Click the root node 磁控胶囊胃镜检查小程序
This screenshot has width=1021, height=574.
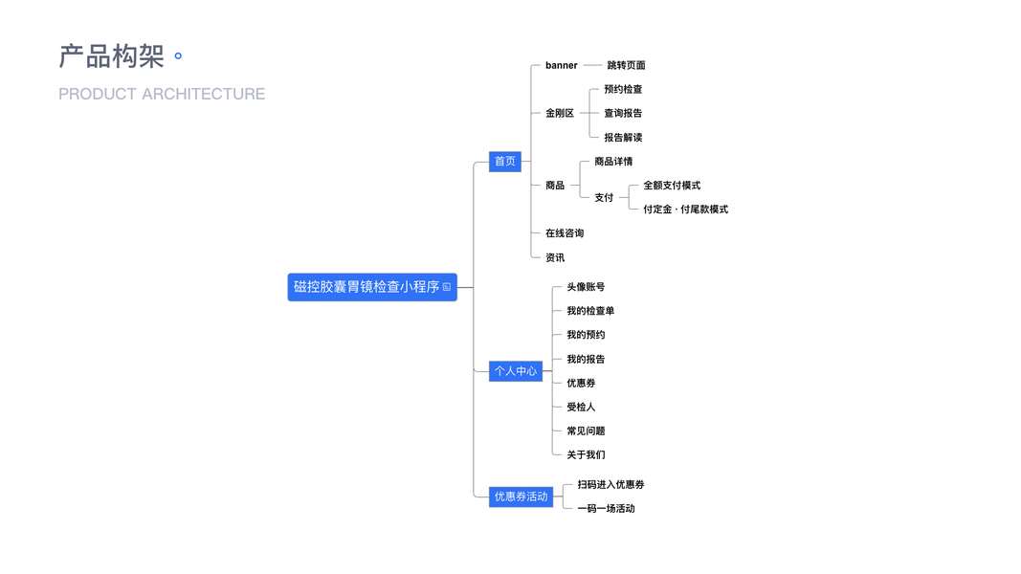click(371, 287)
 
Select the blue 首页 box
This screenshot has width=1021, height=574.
click(504, 162)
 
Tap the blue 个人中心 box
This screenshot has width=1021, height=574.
click(516, 370)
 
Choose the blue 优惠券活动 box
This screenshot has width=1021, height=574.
click(521, 497)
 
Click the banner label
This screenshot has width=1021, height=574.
click(562, 65)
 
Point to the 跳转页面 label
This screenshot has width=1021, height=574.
click(626, 65)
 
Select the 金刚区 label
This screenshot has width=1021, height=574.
click(560, 113)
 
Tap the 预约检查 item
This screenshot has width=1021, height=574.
click(623, 89)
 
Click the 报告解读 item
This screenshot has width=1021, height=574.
click(623, 138)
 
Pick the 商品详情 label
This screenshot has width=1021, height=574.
click(613, 162)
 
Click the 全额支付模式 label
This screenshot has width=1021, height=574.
click(672, 186)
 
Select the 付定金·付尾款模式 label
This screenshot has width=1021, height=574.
click(685, 210)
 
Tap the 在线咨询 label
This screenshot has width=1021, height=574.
click(565, 233)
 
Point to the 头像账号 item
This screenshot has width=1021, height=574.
click(586, 287)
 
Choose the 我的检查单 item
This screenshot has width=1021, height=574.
click(590, 311)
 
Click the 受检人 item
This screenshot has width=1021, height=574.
click(581, 407)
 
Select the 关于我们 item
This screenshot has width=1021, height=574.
click(586, 454)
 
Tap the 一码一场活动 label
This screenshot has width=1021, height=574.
click(606, 508)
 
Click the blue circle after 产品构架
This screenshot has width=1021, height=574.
click(178, 56)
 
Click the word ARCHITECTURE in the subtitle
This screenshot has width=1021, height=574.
click(203, 94)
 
